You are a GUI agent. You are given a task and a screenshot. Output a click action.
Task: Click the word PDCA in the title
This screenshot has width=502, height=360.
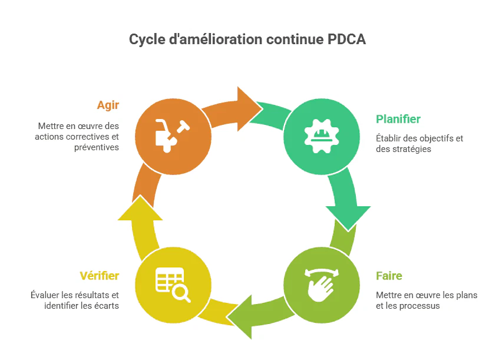click(x=346, y=39)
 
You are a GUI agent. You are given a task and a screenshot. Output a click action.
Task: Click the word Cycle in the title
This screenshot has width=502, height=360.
click(x=147, y=39)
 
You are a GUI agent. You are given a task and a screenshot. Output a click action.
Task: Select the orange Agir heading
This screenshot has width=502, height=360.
click(x=108, y=105)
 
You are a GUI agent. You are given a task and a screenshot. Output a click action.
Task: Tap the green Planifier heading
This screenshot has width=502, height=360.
click(x=398, y=119)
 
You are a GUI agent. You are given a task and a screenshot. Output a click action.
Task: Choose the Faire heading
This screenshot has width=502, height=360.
click(x=389, y=276)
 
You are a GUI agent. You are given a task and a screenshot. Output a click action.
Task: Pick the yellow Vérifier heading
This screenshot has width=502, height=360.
click(x=99, y=276)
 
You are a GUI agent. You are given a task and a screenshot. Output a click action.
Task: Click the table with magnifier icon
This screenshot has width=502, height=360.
click(x=173, y=284)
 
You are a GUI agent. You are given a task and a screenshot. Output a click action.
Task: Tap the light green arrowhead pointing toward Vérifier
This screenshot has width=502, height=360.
click(x=242, y=319)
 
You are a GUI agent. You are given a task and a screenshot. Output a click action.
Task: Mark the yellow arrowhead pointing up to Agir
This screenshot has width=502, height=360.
click(x=140, y=209)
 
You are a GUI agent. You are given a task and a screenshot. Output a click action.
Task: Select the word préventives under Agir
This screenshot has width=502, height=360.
click(x=97, y=147)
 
